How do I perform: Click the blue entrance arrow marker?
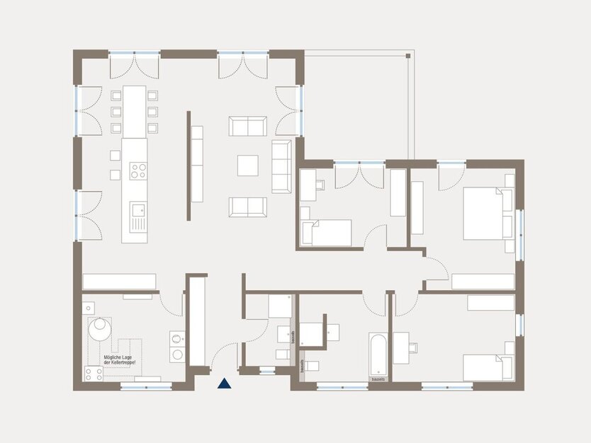pos(224,384)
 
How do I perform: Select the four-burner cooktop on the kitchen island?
pos(137,170)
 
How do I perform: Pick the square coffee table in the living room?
pos(248,165)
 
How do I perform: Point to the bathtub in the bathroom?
pos(378,354)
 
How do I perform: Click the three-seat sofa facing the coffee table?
pos(281,166)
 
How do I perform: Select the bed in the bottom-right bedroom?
pos(488,367)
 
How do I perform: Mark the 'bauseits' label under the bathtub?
pos(378,379)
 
